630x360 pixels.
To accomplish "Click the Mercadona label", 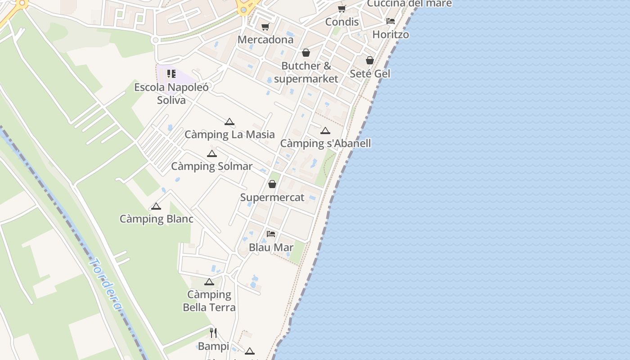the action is (265, 40).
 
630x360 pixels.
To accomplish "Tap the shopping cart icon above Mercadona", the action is (265, 27).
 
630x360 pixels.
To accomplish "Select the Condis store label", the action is (342, 22).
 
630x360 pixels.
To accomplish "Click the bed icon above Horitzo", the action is (391, 21).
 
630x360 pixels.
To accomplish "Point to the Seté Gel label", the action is (370, 73).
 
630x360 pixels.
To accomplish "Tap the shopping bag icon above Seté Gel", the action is (370, 60).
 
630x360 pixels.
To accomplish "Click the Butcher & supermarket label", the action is (306, 72).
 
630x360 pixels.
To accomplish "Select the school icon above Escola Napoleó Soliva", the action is (171, 73).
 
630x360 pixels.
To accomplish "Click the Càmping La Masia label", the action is (229, 135).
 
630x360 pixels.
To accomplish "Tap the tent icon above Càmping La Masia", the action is (229, 121).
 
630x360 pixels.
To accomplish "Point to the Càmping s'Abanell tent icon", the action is (325, 131).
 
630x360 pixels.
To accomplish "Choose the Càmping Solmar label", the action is (211, 166).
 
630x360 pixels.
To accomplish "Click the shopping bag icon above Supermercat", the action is (272, 184).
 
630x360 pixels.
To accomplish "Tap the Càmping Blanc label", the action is (156, 219).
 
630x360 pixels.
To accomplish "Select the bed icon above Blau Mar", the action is (271, 234).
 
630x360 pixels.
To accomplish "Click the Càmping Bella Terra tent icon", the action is (209, 282).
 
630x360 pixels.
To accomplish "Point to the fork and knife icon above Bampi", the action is (213, 333).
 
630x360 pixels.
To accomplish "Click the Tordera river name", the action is (106, 284).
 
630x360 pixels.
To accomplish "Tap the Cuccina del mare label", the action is (409, 4).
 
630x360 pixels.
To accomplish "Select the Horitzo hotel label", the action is (391, 35).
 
